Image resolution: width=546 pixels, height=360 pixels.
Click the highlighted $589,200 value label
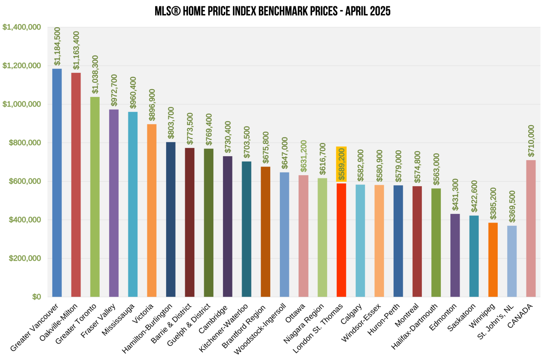pos(341,164)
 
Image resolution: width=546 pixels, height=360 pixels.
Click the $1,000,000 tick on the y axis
pos(21,104)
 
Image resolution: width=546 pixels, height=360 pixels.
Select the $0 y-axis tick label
pos(36,297)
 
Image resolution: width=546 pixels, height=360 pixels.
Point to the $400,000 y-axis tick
pos(25,220)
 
